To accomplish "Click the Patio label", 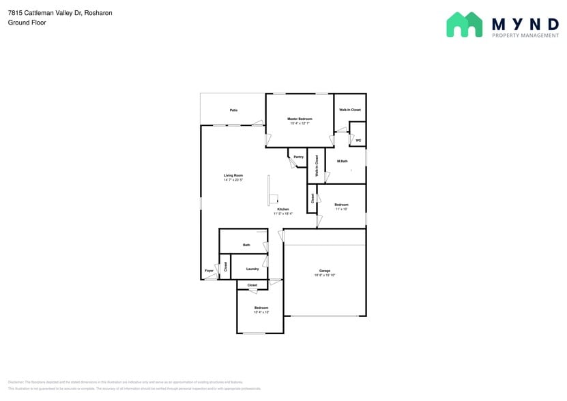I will click(x=233, y=110).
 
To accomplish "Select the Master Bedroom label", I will click(x=300, y=119).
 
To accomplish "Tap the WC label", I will click(x=358, y=140).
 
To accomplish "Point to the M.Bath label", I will click(x=342, y=161).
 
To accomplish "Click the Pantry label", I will click(x=298, y=157).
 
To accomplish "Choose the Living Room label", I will click(x=233, y=175).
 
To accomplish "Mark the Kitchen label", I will click(x=282, y=209).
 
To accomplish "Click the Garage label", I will click(x=325, y=271).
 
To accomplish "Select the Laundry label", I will click(x=252, y=269).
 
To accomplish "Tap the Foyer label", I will click(x=209, y=271).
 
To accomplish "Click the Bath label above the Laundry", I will click(x=246, y=245).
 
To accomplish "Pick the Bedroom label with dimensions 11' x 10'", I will click(x=341, y=205).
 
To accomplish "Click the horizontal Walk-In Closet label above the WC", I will click(x=350, y=110).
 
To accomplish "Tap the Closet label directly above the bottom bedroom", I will click(x=252, y=285).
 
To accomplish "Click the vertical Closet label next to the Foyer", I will click(x=225, y=267).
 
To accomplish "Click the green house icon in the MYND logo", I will click(x=464, y=25).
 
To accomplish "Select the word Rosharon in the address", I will click(x=98, y=13).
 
